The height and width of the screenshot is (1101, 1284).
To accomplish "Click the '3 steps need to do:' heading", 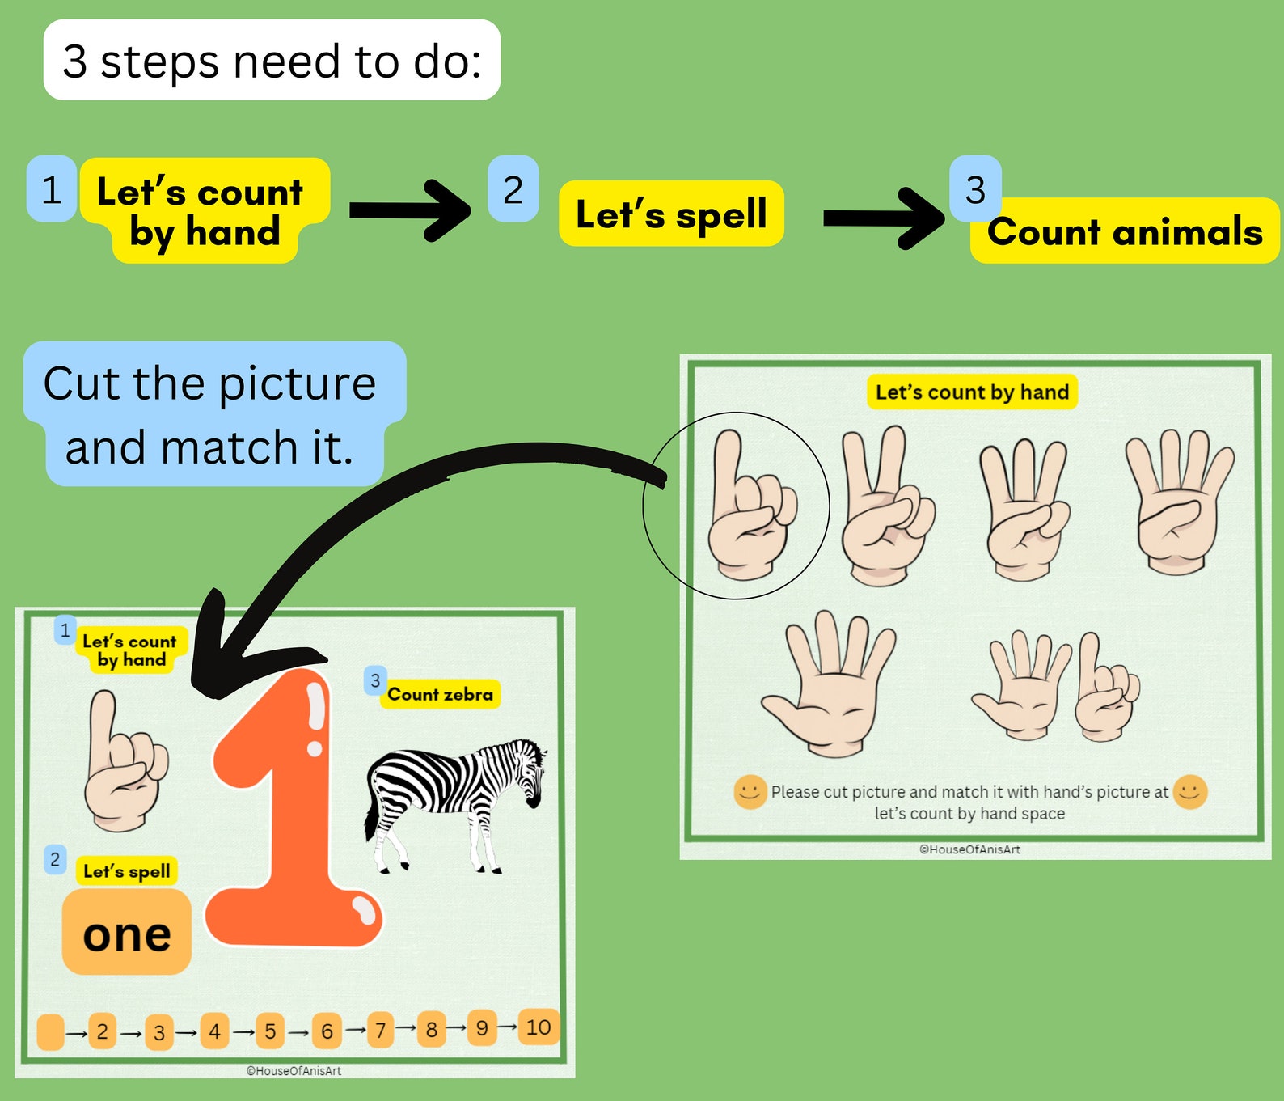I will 272,61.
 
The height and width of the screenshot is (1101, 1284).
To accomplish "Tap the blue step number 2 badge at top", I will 513,189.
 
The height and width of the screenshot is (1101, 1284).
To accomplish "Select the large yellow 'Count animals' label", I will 1125,231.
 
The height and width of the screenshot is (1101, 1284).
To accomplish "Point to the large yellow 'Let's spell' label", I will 671,214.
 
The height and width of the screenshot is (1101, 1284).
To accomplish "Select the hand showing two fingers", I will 885,506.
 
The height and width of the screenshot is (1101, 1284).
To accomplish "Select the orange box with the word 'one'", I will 127,933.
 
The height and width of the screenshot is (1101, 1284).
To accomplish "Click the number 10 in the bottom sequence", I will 539,1027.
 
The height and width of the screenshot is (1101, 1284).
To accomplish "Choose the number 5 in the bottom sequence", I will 270,1031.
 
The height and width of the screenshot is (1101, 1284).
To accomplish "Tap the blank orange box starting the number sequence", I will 50,1032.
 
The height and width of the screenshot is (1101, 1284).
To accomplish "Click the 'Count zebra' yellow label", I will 440,694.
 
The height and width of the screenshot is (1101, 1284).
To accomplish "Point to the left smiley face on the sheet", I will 750,792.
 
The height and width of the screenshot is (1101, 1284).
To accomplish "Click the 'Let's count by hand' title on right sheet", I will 972,392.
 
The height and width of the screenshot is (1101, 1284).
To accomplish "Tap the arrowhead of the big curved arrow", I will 212,655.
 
